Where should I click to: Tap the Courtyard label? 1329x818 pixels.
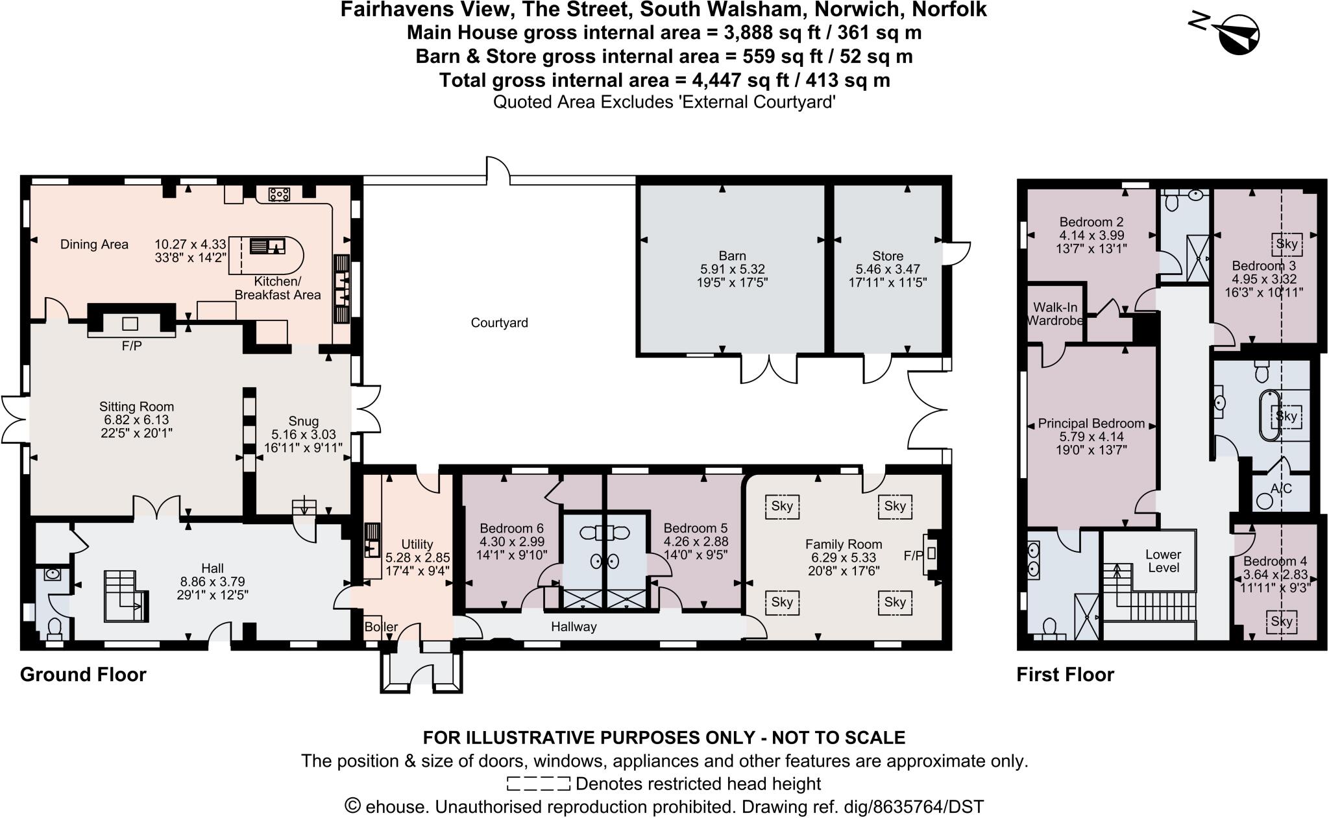click(x=499, y=322)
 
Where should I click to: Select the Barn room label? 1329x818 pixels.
click(x=732, y=256)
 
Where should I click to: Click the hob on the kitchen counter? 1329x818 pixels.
click(x=280, y=193)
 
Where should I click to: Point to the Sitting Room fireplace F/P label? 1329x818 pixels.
click(x=132, y=346)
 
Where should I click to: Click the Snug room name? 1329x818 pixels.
click(x=303, y=421)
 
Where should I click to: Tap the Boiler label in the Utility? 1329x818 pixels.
click(x=381, y=627)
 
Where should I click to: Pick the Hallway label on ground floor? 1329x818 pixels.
click(x=574, y=627)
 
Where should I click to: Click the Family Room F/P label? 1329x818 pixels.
click(x=912, y=556)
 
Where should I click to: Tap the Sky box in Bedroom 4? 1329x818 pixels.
click(x=1282, y=621)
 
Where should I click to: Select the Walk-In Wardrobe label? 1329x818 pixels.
click(x=1056, y=313)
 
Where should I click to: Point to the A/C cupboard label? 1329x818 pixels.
click(x=1281, y=488)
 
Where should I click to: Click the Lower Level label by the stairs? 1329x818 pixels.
click(x=1163, y=561)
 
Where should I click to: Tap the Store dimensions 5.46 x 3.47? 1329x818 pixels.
click(x=887, y=269)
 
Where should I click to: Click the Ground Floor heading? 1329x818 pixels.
click(x=83, y=675)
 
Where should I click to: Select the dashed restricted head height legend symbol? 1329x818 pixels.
click(x=538, y=784)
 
